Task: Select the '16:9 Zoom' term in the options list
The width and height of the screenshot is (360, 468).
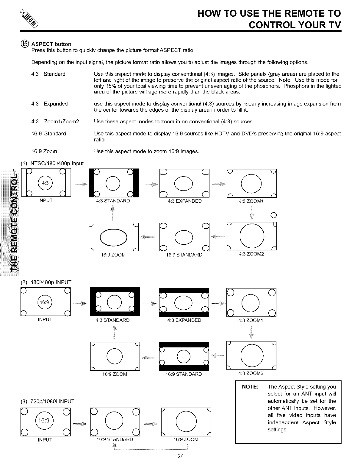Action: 44,152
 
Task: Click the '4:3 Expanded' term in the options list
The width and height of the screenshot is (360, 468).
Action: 49,104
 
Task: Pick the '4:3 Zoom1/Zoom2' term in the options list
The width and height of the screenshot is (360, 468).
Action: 55,122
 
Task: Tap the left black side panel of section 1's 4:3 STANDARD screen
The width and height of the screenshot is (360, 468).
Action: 91,182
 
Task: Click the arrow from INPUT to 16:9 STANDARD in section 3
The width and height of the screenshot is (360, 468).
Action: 80,423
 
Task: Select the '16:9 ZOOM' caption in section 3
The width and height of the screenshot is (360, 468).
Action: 186,439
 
